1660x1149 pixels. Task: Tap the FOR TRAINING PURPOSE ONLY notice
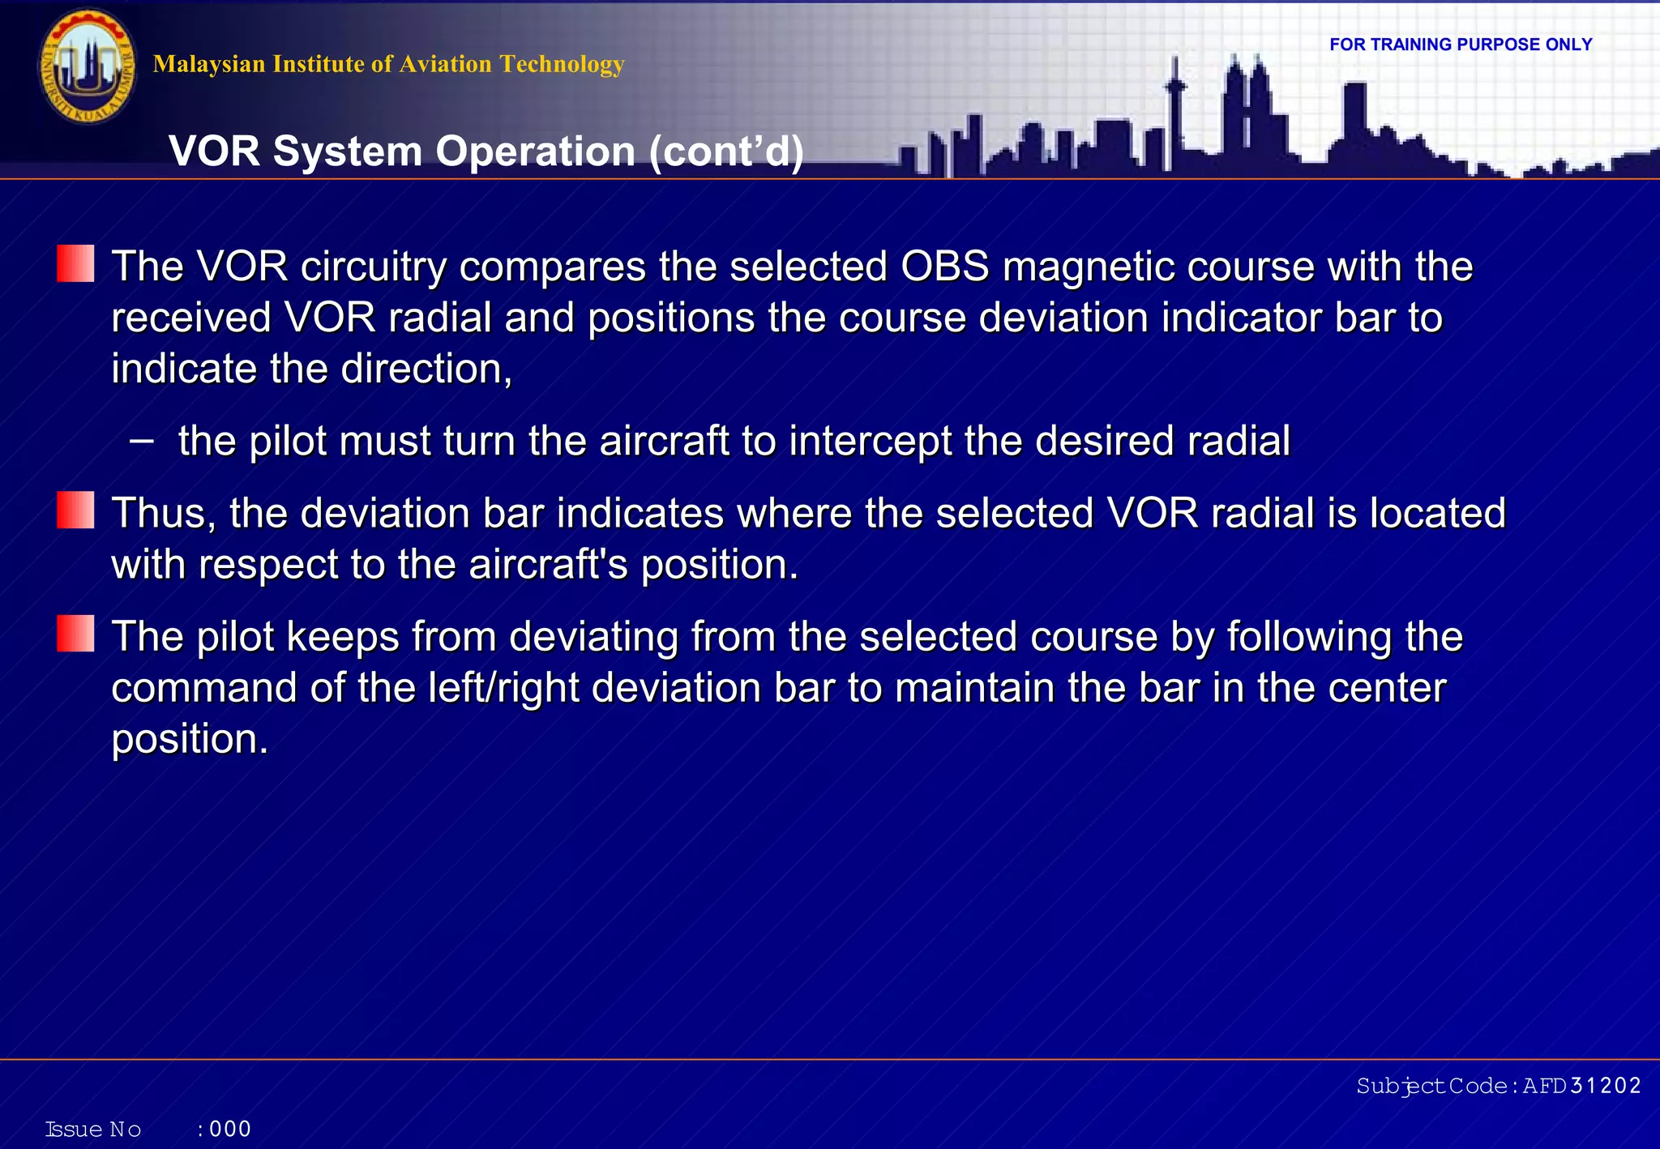pos(1461,45)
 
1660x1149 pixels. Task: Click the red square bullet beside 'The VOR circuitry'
pos(75,264)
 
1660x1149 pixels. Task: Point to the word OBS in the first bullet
pos(944,267)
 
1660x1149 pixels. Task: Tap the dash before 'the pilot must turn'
pos(141,441)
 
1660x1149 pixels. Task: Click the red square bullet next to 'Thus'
pos(75,510)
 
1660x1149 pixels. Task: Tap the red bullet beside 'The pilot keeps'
pos(75,634)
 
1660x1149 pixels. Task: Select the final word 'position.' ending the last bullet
pos(189,739)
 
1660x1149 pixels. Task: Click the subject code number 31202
pos(1605,1086)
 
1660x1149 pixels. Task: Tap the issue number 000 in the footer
pos(230,1129)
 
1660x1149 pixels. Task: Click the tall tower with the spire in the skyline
pos(1174,113)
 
